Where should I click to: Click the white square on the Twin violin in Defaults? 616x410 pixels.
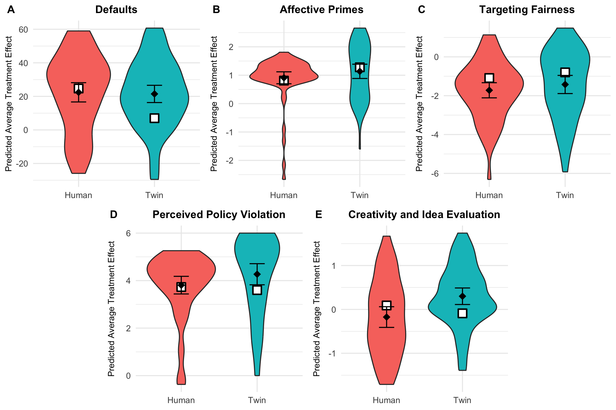[155, 118]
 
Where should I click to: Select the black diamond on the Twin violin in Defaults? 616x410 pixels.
[155, 94]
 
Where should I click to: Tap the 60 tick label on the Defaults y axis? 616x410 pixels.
[23, 29]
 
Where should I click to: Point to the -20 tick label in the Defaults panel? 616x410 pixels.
[22, 164]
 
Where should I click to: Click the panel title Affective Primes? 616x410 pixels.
[321, 10]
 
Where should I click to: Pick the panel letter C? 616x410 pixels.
[421, 10]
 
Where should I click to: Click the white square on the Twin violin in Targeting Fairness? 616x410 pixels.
[565, 72]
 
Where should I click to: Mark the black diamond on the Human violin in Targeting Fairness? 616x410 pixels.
[489, 90]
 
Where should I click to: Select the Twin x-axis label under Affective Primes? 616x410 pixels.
[360, 195]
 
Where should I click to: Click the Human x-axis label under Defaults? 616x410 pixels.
[78, 195]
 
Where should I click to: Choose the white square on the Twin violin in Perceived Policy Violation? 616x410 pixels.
[257, 290]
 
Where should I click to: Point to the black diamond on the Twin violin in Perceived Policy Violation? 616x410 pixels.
[257, 274]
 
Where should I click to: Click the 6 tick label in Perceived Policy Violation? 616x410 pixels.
[128, 233]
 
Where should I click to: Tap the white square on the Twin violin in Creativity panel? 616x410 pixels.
[462, 313]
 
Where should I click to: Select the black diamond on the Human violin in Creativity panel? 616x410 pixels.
[386, 317]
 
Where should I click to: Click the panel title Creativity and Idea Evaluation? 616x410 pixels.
[424, 215]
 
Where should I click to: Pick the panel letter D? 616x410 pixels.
[113, 215]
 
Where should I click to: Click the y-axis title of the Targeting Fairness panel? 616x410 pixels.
[419, 104]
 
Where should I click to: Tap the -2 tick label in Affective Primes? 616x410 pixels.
[229, 160]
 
